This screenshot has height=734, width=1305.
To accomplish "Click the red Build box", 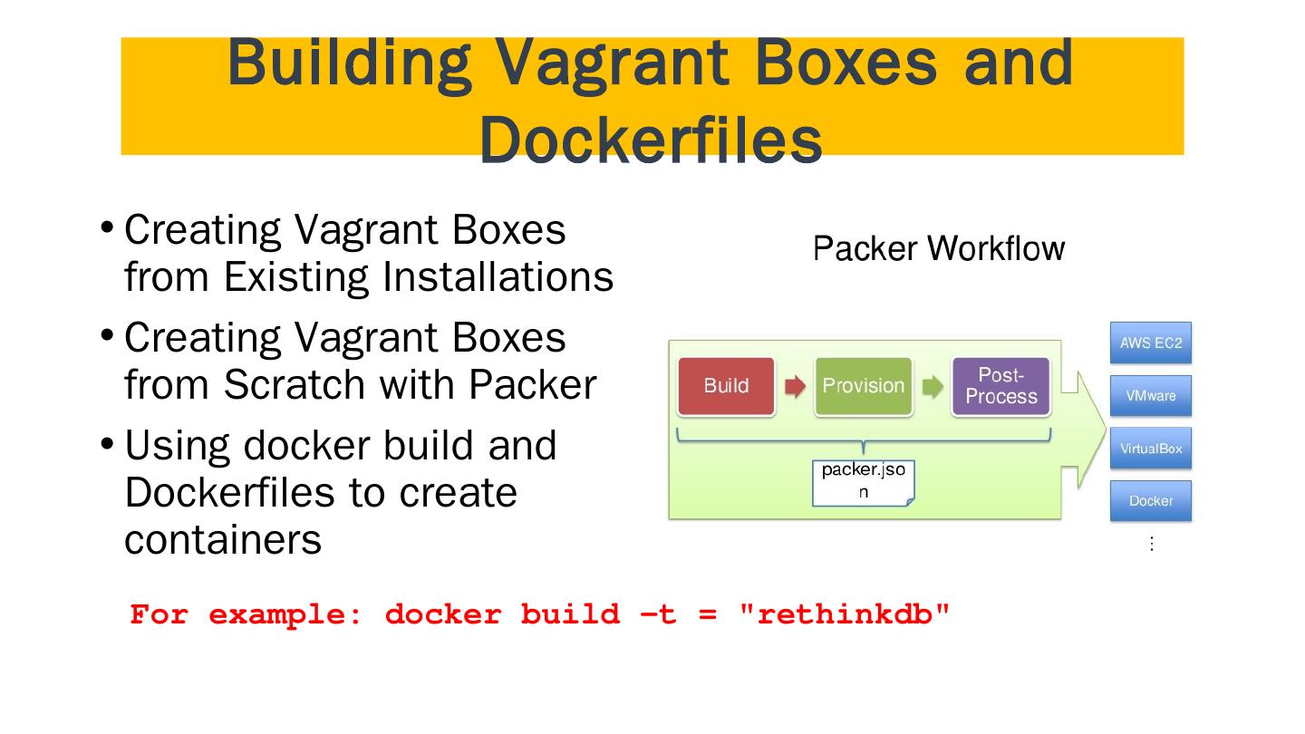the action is coord(726,386).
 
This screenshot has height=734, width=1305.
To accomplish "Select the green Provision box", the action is coord(864,386).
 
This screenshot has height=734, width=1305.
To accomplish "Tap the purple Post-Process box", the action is coord(1000,386).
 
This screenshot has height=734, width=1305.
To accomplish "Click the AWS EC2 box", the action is coord(1151,343).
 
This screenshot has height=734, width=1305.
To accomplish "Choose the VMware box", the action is coord(1151,395).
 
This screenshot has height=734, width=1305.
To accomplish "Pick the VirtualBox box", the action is coord(1151,448).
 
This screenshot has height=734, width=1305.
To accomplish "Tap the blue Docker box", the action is coord(1151,500).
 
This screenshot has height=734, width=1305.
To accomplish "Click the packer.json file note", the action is coord(864,483).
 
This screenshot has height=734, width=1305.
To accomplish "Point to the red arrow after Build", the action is coord(796,386).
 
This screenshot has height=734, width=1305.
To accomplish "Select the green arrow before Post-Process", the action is coord(933,386).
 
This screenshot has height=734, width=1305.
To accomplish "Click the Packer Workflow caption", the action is coord(939,248).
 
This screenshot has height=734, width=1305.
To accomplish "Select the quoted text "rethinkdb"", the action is coord(845,614).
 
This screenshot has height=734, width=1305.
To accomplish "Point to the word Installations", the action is coord(498,276).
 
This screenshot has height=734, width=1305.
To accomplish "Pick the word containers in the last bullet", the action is coord(223,539).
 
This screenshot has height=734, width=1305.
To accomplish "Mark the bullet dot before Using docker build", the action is coord(107,443).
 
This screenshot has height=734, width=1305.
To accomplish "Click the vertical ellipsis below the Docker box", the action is coord(1152,544).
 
